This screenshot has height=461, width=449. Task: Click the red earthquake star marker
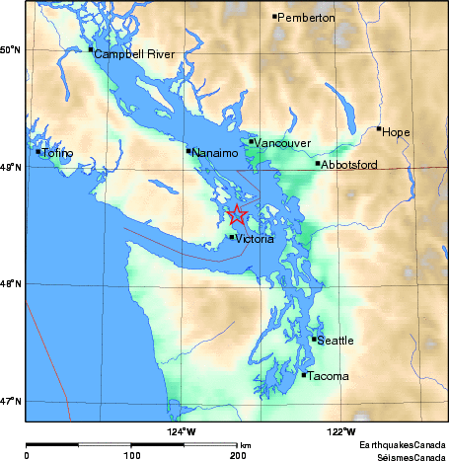[237, 215]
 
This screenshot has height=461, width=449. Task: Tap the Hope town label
[396, 131]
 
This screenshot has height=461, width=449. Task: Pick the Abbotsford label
[350, 165]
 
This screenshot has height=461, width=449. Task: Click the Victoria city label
[256, 239]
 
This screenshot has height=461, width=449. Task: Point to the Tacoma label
[325, 376]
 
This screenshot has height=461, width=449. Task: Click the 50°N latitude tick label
[11, 49]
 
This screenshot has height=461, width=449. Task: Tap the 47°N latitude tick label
[11, 401]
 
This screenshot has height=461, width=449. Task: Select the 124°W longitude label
[182, 431]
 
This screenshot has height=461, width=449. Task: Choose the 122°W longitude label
[341, 431]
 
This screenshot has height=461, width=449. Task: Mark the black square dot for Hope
[379, 128]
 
